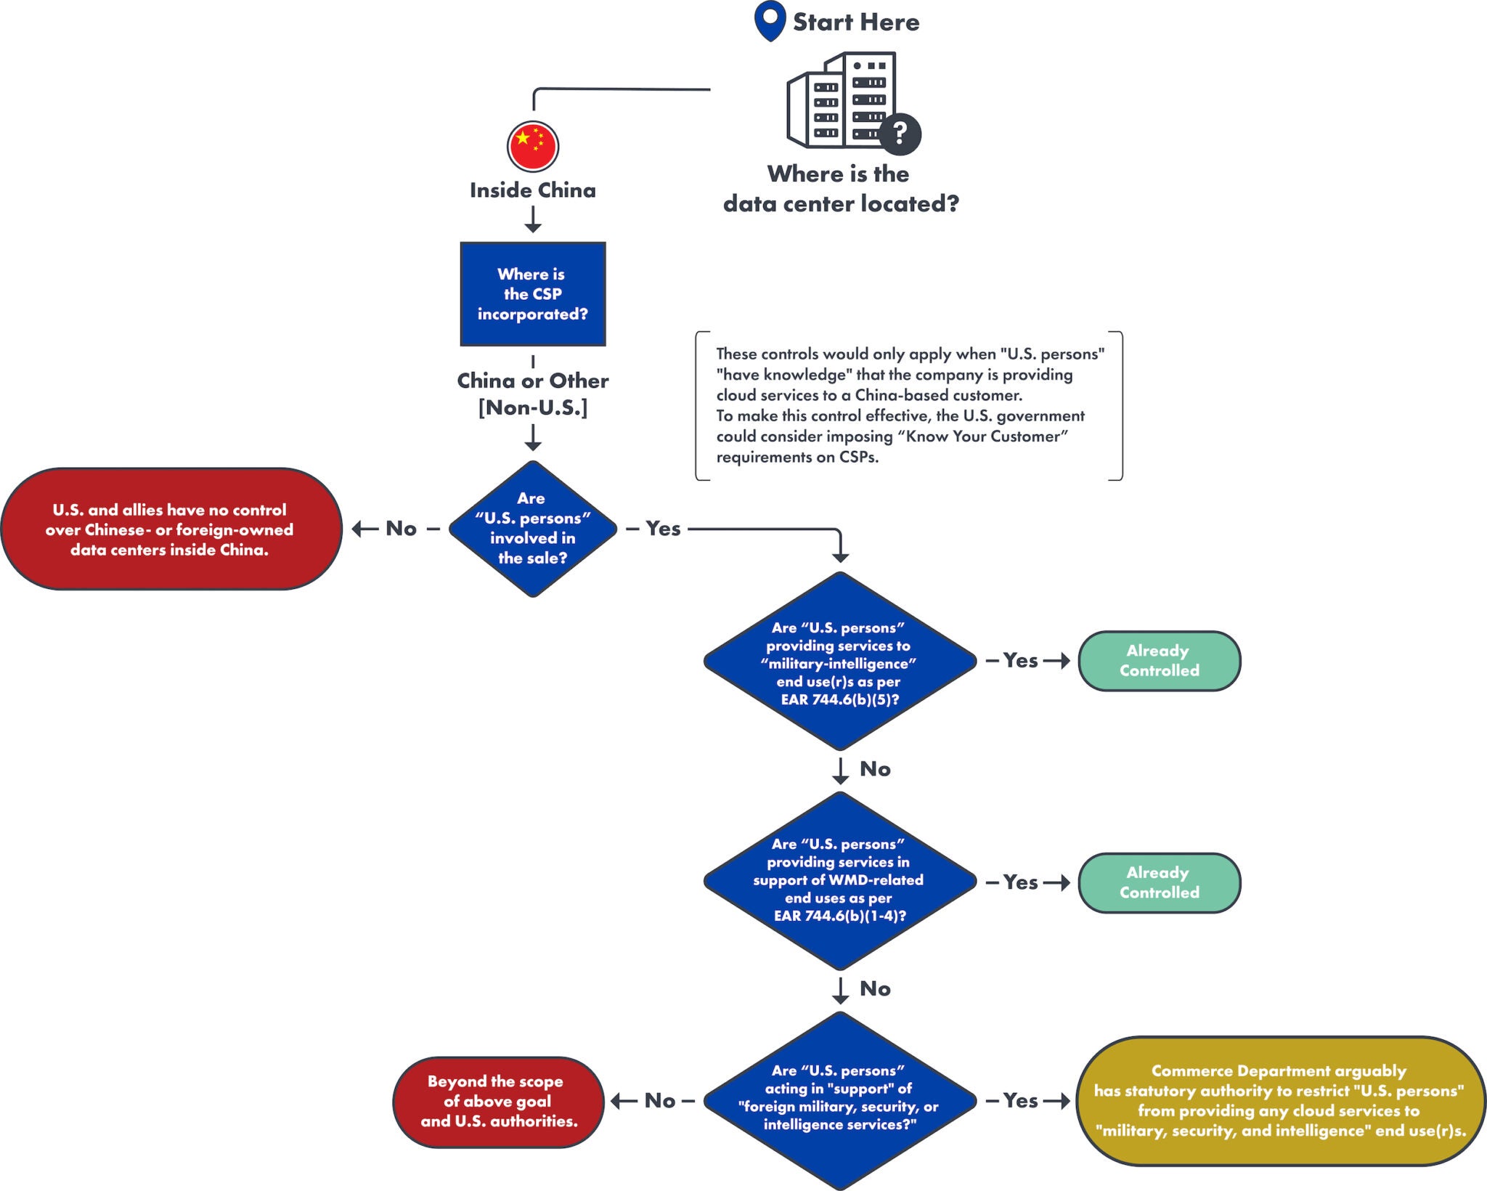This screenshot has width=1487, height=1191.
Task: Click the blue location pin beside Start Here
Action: [770, 19]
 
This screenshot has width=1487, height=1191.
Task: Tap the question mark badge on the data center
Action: [900, 134]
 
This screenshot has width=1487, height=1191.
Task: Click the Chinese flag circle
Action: [532, 146]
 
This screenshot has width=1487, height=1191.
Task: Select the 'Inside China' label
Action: [532, 190]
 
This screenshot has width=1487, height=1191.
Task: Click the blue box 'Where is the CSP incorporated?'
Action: [532, 294]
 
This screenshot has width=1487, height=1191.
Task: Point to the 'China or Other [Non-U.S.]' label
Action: [532, 394]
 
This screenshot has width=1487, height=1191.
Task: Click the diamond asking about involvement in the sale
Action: [532, 529]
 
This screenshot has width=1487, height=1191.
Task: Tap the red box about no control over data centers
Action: [171, 529]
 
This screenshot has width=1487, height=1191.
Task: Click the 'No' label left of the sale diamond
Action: [401, 529]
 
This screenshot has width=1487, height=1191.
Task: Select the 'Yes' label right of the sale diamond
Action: [663, 529]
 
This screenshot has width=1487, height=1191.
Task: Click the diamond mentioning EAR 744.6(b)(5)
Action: [839, 662]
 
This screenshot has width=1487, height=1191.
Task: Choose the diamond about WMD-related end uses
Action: [839, 880]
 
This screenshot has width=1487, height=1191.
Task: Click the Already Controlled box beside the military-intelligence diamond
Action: [1159, 661]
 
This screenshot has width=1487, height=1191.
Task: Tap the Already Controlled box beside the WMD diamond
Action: [1159, 882]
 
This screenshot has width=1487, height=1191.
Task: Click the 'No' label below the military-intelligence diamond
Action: [875, 769]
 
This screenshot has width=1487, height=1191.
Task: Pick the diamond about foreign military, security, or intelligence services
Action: [839, 1098]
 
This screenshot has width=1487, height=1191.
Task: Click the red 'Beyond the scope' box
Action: [498, 1102]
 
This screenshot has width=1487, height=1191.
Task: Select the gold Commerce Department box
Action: [1279, 1101]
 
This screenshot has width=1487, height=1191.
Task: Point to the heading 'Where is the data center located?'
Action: [840, 189]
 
